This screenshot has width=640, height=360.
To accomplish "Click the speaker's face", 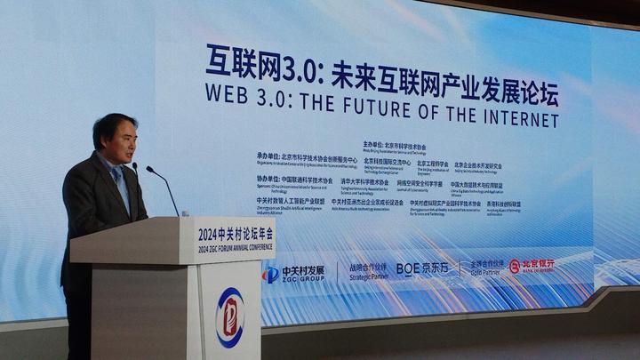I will [115, 137].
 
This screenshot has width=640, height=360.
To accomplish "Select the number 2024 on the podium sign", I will [208, 234].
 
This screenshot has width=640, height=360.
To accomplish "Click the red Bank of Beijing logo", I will [532, 265].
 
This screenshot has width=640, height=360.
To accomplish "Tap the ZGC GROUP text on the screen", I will [302, 278].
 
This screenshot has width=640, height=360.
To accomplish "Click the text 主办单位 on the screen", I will [377, 144].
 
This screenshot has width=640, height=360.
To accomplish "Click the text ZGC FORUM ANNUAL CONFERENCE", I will [235, 247].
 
